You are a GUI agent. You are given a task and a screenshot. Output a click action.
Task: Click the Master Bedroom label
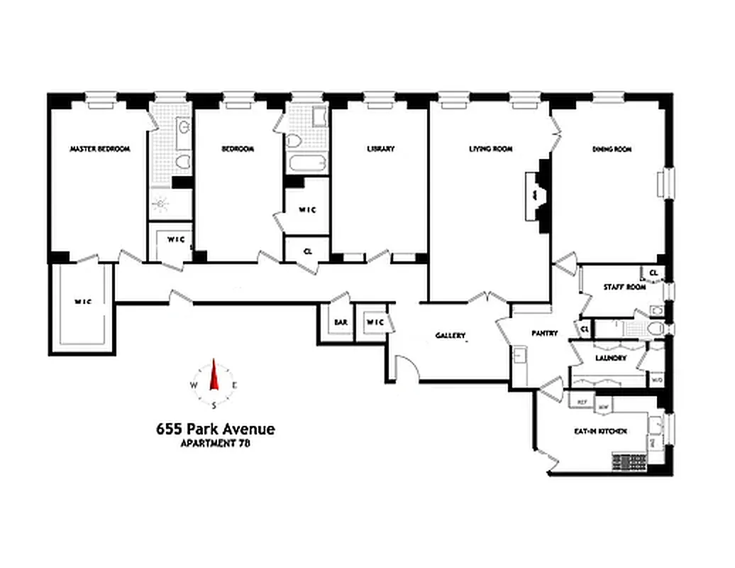(100, 149)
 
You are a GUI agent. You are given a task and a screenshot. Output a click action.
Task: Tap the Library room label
(381, 149)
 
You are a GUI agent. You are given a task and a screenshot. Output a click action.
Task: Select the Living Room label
(491, 149)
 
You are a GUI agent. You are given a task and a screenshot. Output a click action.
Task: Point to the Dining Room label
(612, 149)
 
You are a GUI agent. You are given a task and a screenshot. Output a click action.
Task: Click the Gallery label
(451, 335)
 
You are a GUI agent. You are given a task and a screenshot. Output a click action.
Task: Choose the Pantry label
(545, 333)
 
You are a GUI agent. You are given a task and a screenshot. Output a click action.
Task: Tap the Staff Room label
(625, 288)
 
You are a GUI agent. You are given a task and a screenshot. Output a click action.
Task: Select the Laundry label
(611, 359)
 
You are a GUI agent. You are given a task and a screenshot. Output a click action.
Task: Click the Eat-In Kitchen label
(600, 431)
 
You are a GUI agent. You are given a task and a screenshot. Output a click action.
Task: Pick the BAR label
(341, 322)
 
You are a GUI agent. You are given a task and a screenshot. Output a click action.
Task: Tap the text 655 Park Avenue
(215, 429)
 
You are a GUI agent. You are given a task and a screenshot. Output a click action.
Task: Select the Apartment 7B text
(216, 443)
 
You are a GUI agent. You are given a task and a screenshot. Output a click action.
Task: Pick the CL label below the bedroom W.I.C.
(307, 251)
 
